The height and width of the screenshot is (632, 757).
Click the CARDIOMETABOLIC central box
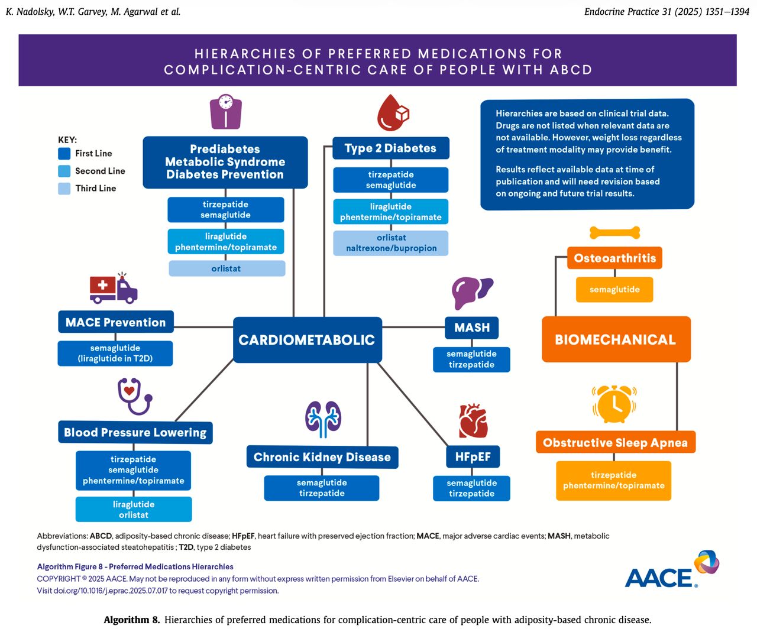pyautogui.click(x=307, y=339)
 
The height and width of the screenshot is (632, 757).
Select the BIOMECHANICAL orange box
pyautogui.click(x=616, y=339)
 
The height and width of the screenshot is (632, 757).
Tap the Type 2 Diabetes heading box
pyautogui.click(x=390, y=148)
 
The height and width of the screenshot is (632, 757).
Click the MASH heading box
pyautogui.click(x=472, y=328)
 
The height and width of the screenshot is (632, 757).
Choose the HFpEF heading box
pyautogui.click(x=473, y=456)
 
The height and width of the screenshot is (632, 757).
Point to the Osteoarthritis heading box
pyautogui.click(x=614, y=258)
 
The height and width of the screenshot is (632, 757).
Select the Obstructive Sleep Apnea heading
pyautogui.click(x=615, y=442)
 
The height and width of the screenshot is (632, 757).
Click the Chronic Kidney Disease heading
pyautogui.click(x=322, y=457)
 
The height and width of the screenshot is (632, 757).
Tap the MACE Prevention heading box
pyautogui.click(x=116, y=322)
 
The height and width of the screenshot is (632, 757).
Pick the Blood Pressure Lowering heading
pyautogui.click(x=135, y=432)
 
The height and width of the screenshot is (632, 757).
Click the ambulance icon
pyautogui.click(x=114, y=288)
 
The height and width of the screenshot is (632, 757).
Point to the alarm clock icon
pyautogui.click(x=614, y=404)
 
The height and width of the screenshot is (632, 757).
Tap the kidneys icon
pyautogui.click(x=323, y=419)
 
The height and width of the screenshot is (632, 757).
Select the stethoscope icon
pyautogui.click(x=134, y=396)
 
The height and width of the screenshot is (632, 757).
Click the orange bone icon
pyautogui.click(x=614, y=233)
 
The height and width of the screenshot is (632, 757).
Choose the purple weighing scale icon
pyautogui.click(x=225, y=112)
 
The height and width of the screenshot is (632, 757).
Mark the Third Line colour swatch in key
pyautogui.click(x=64, y=189)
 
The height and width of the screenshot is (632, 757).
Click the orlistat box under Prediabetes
pyautogui.click(x=227, y=268)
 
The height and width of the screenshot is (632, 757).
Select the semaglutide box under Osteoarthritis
pyautogui.click(x=614, y=290)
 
